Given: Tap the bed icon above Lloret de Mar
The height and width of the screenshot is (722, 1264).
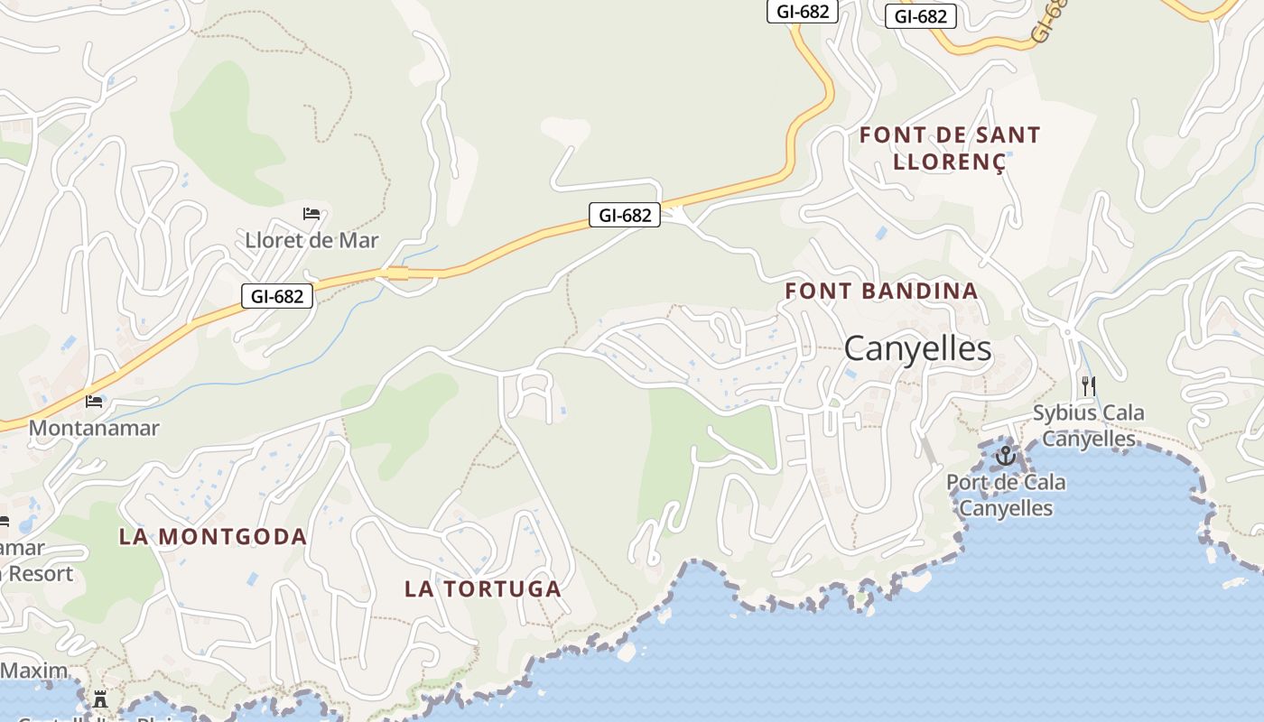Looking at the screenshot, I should click(311, 214).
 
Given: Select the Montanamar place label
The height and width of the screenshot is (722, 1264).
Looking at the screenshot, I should click(94, 428).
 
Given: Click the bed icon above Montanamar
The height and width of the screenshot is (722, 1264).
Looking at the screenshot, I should click(94, 401).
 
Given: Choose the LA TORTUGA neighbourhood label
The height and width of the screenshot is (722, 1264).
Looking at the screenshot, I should click(482, 589).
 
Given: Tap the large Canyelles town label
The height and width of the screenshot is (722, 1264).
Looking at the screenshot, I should click(917, 349).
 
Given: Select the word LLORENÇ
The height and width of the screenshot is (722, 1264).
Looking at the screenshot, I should click(948, 162).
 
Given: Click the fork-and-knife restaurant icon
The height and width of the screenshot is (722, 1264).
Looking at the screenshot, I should click(1089, 385).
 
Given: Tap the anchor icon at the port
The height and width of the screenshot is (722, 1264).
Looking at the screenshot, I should click(1005, 456).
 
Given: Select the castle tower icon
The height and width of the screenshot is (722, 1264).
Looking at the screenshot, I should click(100, 699).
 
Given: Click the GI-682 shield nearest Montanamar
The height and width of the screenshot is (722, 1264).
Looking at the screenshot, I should click(277, 296).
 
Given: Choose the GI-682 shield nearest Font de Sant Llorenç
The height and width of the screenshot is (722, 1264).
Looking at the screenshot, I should click(921, 16).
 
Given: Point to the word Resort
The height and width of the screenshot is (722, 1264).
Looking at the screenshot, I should click(40, 573).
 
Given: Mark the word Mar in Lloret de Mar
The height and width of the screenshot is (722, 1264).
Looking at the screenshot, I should click(358, 241).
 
